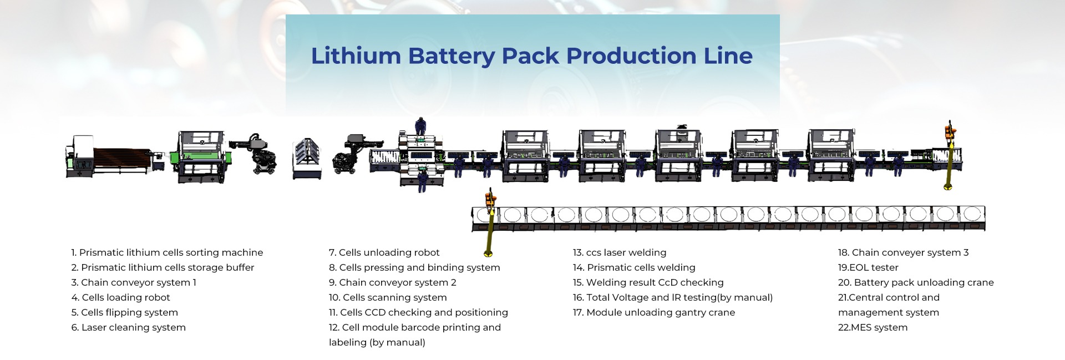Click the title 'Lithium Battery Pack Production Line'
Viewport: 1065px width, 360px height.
point(531,56)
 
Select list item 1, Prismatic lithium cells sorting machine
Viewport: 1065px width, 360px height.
point(167,253)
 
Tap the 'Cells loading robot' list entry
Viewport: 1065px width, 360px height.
point(120,298)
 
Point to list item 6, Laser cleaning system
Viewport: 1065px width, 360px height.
point(128,328)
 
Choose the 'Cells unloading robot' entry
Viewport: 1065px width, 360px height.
point(384,253)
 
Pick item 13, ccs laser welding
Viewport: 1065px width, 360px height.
point(619,253)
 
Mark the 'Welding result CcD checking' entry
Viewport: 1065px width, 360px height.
point(648,283)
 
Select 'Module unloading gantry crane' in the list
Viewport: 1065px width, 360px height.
point(653,313)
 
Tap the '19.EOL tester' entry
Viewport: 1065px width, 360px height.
point(868,268)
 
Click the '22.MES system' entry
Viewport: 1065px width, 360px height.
point(873,328)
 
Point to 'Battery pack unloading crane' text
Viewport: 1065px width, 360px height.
point(915,283)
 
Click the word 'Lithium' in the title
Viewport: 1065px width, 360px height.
point(356,56)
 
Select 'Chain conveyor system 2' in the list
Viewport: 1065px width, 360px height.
point(392,283)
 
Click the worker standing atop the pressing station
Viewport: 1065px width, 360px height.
point(421,127)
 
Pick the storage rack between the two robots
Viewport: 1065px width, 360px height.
point(307,159)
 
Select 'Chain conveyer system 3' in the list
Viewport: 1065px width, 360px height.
point(903,253)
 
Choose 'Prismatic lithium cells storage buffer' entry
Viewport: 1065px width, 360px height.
point(163,268)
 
